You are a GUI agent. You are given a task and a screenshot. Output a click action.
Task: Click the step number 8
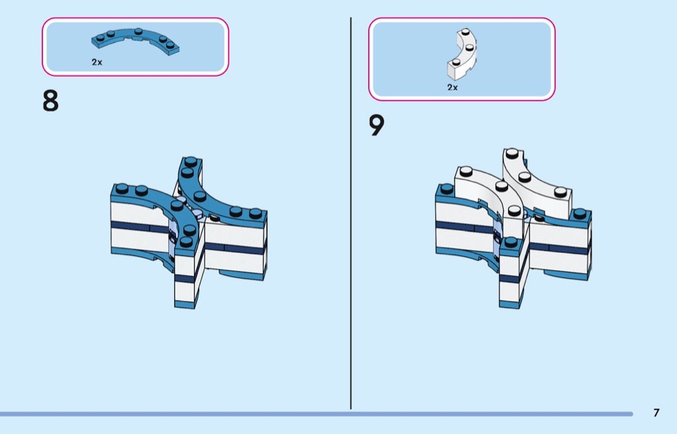pyautogui.click(x=50, y=101)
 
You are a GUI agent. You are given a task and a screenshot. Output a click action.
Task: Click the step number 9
pyautogui.click(x=377, y=125)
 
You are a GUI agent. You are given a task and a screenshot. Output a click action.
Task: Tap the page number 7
pyautogui.click(x=656, y=413)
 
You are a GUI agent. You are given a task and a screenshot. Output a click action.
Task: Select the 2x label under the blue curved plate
pyautogui.click(x=97, y=62)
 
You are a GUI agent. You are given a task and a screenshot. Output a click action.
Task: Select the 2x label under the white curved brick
pyautogui.click(x=453, y=87)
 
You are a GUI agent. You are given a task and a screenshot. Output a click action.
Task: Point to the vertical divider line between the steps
pyautogui.click(x=351, y=213)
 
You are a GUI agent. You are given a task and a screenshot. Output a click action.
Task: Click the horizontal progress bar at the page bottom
pyautogui.click(x=317, y=414)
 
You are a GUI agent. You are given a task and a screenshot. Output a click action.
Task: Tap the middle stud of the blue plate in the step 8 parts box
pyautogui.click(x=138, y=31)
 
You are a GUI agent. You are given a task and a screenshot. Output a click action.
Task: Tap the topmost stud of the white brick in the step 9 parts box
pyautogui.click(x=465, y=32)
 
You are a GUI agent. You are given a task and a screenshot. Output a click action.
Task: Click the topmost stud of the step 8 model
pyautogui.click(x=191, y=161)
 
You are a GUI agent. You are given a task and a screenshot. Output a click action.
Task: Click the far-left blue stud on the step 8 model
pyautogui.click(x=123, y=188)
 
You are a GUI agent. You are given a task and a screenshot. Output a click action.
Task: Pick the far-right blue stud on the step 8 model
pyautogui.click(x=255, y=213)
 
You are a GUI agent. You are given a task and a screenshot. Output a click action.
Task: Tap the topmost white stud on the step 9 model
pyautogui.click(x=512, y=153)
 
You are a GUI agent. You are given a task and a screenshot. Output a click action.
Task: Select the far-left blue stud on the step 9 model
pyautogui.click(x=447, y=188)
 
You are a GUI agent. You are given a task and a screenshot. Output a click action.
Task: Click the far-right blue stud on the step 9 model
pyautogui.click(x=580, y=213)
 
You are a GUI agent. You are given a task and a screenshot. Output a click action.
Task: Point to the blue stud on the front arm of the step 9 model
pyautogui.click(x=511, y=241)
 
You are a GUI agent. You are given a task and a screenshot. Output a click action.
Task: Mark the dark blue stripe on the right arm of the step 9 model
pyautogui.click(x=559, y=248)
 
